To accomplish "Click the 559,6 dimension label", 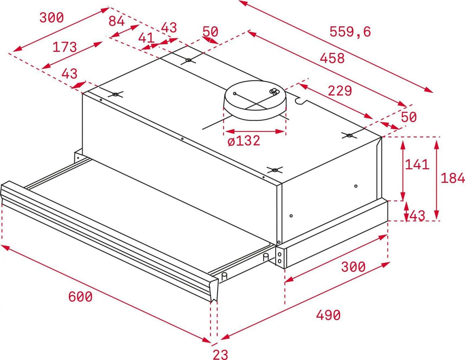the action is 350,32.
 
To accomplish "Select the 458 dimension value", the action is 332,58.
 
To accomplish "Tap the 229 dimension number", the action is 340,91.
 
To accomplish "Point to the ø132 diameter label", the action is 244,141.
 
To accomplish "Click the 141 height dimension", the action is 417,164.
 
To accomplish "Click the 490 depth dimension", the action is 328,315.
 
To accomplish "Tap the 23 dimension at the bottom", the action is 220,354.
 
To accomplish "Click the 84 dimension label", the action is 117,21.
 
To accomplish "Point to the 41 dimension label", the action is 146,38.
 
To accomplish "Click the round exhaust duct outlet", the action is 255,100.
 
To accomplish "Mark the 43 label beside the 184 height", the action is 417,215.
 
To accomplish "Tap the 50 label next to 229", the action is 409,117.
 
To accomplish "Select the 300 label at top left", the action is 52,17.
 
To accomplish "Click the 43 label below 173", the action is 69,73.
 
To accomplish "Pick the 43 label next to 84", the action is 169,27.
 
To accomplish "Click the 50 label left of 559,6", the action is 210,31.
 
